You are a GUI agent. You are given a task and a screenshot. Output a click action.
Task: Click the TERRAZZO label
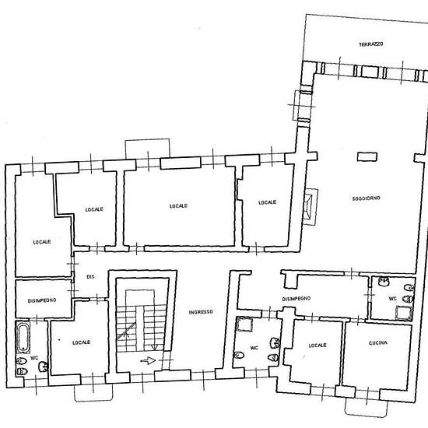[370, 44]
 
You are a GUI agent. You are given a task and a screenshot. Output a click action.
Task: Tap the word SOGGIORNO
[366, 198]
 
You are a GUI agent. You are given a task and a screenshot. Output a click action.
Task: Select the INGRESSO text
[201, 312]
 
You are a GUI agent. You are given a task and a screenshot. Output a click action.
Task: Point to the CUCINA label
[378, 343]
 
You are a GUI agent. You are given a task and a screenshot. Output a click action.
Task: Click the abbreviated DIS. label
[91, 277]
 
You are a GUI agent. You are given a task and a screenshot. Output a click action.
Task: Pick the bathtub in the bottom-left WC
[23, 338]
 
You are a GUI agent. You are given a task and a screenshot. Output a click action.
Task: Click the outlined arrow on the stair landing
[148, 361]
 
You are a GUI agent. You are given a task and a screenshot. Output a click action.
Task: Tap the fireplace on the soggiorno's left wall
[310, 207]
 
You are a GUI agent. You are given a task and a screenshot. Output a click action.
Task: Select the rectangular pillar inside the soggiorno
[367, 156]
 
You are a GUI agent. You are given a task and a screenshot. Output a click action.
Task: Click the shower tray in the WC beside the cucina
[403, 314]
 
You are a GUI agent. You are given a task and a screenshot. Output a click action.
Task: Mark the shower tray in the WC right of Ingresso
[244, 324]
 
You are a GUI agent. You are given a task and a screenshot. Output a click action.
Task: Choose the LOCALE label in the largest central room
[178, 205]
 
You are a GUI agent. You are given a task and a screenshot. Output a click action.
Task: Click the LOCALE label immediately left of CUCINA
[317, 346]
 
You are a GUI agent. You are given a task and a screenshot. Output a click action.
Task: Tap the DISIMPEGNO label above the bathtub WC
[42, 300]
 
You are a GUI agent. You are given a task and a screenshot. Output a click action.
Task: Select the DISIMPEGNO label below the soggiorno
[296, 299]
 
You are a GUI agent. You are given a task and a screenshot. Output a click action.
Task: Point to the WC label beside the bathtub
[34, 358]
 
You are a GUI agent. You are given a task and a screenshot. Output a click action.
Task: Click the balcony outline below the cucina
[367, 408]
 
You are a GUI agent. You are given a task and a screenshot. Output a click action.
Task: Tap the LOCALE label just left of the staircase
[82, 342]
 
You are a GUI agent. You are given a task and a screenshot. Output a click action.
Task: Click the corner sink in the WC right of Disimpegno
[384, 281]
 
